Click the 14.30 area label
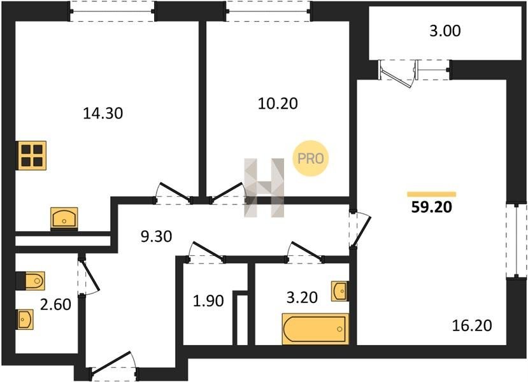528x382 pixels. point(103,113)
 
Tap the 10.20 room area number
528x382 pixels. point(278,103)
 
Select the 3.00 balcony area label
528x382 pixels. point(445,31)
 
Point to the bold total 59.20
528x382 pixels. point(431,208)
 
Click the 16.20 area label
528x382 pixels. point(472,325)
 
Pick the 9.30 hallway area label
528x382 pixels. point(156,236)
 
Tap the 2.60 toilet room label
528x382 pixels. point(55,304)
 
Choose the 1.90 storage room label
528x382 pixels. point(208,301)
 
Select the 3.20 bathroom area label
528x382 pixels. point(302,297)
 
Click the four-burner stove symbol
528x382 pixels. point(32,155)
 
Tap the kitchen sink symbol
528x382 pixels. point(64,218)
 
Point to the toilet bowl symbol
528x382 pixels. point(31,280)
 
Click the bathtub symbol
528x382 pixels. point(315,329)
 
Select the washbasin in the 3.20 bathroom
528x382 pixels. point(339,291)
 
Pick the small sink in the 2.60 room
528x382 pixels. point(25,320)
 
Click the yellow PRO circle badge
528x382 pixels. point(310,158)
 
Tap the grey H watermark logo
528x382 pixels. point(264,187)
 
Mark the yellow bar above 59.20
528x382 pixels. point(431,194)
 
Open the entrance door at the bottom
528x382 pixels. point(111,363)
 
